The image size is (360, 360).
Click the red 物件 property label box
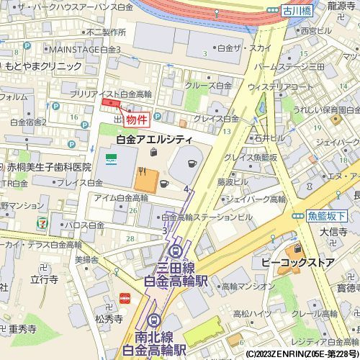137,120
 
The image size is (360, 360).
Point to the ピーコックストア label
297,263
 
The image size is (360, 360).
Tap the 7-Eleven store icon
45,223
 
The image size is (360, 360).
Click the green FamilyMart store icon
110,158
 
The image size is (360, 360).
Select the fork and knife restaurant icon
142,171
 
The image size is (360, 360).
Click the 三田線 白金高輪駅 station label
176,274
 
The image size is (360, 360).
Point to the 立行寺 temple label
44,279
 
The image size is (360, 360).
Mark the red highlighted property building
111,104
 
